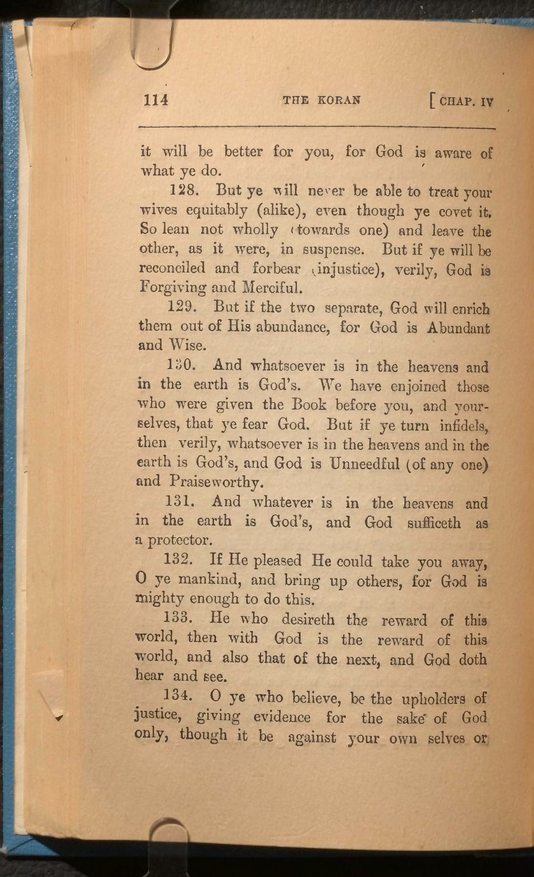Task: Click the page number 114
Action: (x=156, y=100)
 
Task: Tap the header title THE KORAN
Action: (x=321, y=100)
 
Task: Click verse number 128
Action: (x=183, y=190)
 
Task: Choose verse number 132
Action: (x=178, y=560)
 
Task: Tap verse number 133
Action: (x=178, y=618)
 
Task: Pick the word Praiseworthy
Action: (x=217, y=482)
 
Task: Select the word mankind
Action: (x=210, y=579)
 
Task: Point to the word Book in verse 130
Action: (x=309, y=405)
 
